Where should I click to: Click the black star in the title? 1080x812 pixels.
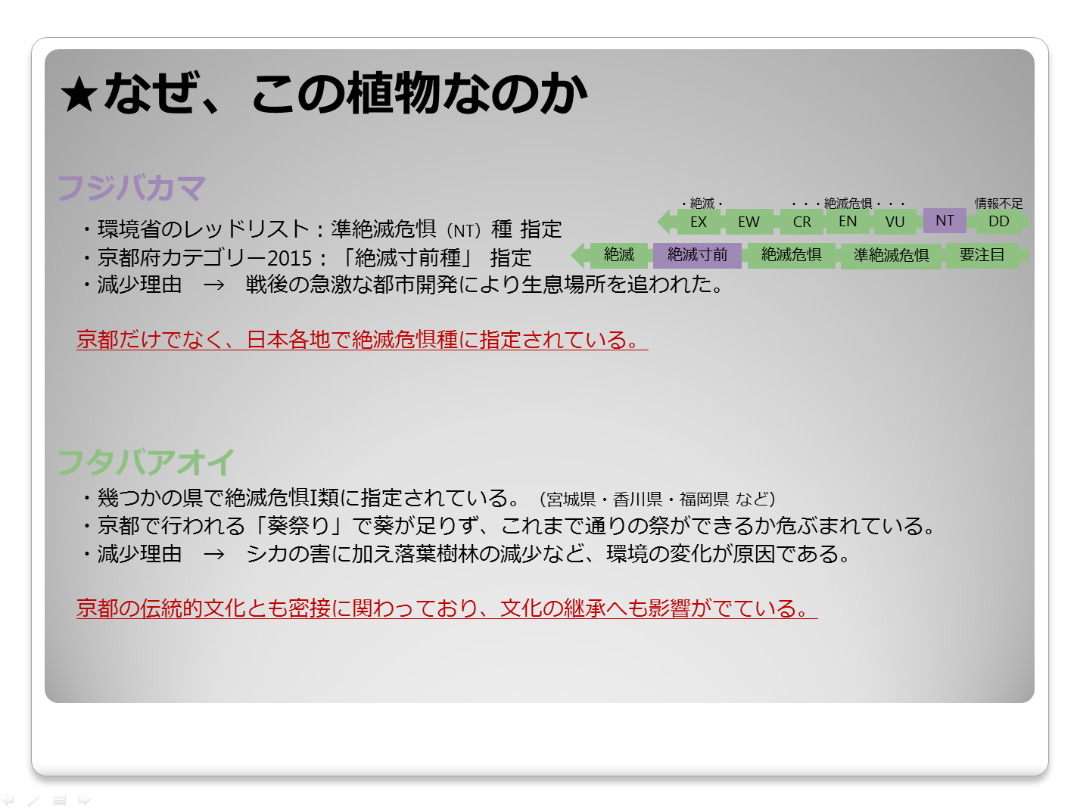pyautogui.click(x=79, y=95)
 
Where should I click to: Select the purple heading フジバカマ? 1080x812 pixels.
pyautogui.click(x=132, y=188)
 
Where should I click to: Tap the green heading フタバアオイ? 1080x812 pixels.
pyautogui.click(x=146, y=462)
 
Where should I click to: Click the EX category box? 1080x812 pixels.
pyautogui.click(x=699, y=222)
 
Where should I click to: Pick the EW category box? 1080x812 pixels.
pyautogui.click(x=749, y=222)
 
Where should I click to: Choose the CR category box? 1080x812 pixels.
pyautogui.click(x=801, y=222)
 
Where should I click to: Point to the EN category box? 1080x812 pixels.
pyautogui.click(x=847, y=221)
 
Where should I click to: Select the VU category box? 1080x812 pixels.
pyautogui.click(x=895, y=222)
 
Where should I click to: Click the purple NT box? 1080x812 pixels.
pyautogui.click(x=945, y=220)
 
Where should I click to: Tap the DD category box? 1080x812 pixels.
pyautogui.click(x=998, y=221)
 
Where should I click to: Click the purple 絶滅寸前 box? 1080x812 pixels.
pyautogui.click(x=697, y=255)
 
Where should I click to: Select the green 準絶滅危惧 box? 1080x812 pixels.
pyautogui.click(x=891, y=256)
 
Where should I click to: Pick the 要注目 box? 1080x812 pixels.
pyautogui.click(x=982, y=255)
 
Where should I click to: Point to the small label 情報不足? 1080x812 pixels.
pyautogui.click(x=998, y=203)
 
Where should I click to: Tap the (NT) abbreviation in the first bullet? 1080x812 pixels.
pyautogui.click(x=463, y=231)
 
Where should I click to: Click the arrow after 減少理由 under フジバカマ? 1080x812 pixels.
pyautogui.click(x=214, y=285)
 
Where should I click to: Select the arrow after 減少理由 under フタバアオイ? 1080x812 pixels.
pyautogui.click(x=214, y=554)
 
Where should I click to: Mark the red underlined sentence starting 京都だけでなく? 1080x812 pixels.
pyautogui.click(x=362, y=339)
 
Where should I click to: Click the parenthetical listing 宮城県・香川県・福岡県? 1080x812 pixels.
pyautogui.click(x=657, y=499)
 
